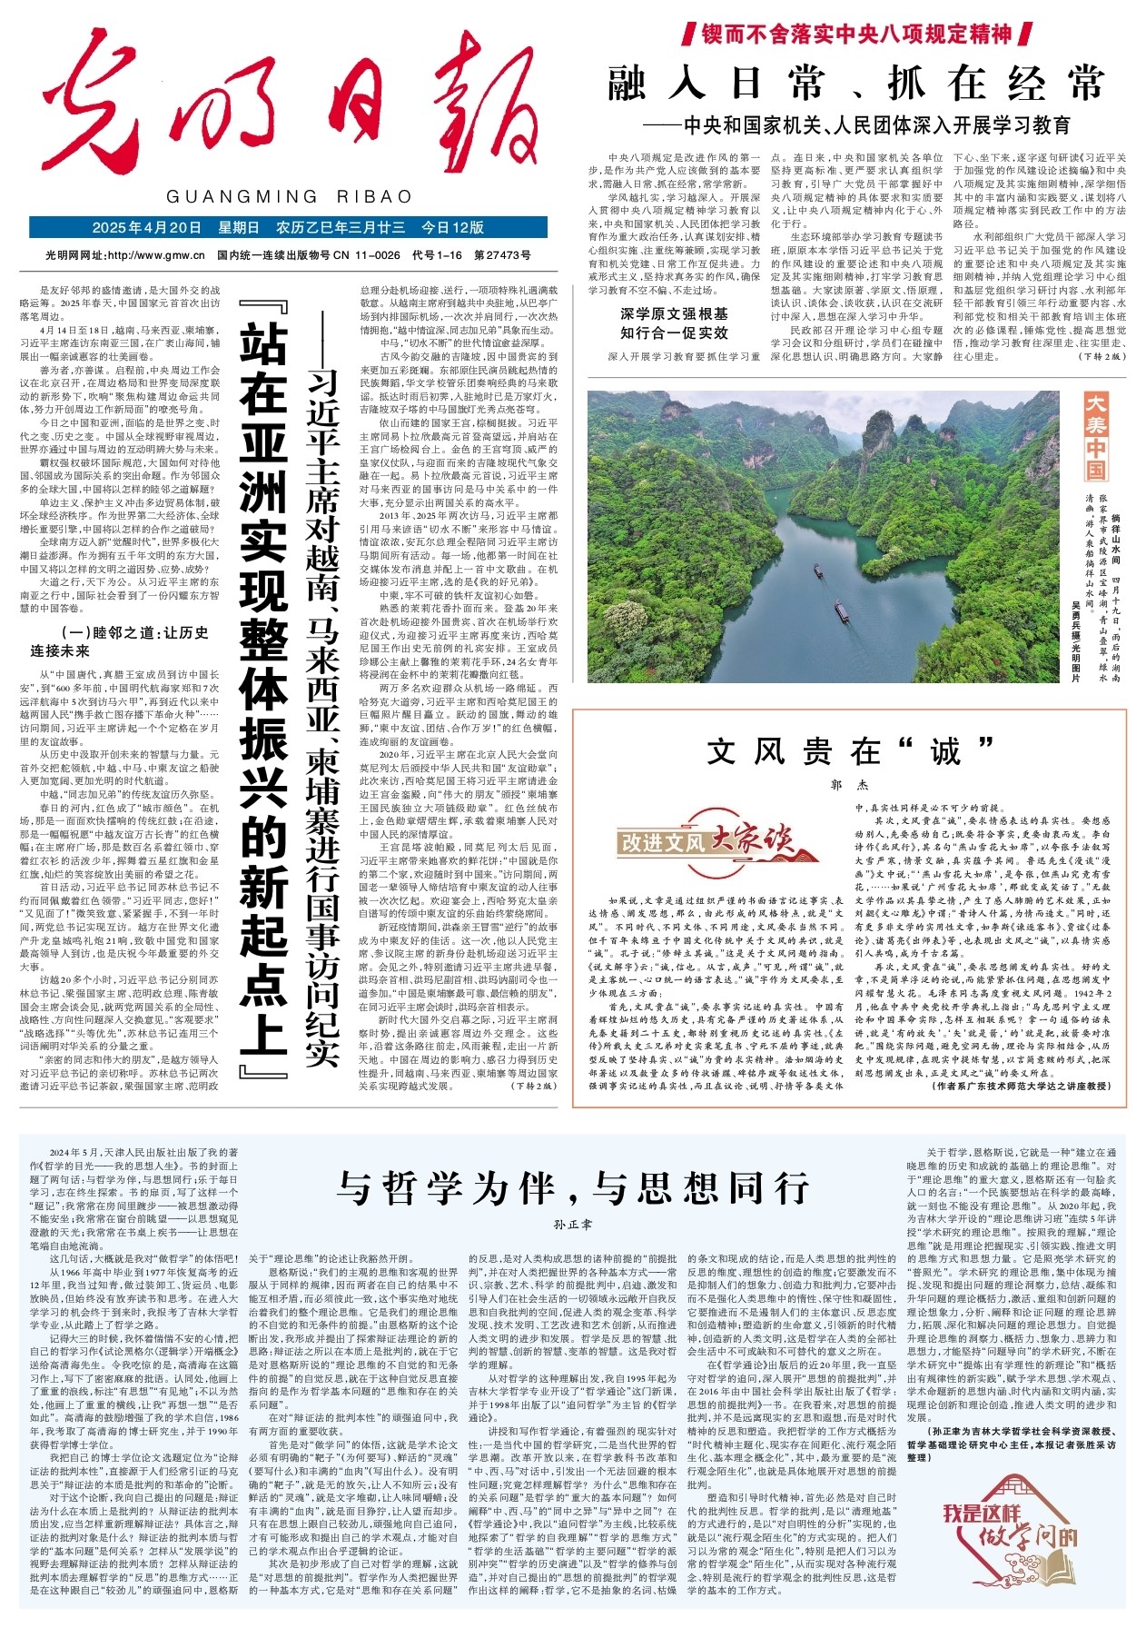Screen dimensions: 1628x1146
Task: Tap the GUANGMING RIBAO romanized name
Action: pos(290,197)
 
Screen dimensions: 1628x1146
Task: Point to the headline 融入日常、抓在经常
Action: pos(856,84)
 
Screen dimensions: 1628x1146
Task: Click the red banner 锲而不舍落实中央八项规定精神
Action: pos(856,35)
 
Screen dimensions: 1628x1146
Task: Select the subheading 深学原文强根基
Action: pos(675,314)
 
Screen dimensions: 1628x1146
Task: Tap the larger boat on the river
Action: pos(843,610)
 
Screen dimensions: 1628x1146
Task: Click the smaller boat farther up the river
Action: pos(818,571)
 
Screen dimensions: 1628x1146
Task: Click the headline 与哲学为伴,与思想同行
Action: pos(572,1187)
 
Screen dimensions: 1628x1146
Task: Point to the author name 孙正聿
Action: pos(572,1225)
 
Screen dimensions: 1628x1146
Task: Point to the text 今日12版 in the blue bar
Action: pos(453,227)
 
